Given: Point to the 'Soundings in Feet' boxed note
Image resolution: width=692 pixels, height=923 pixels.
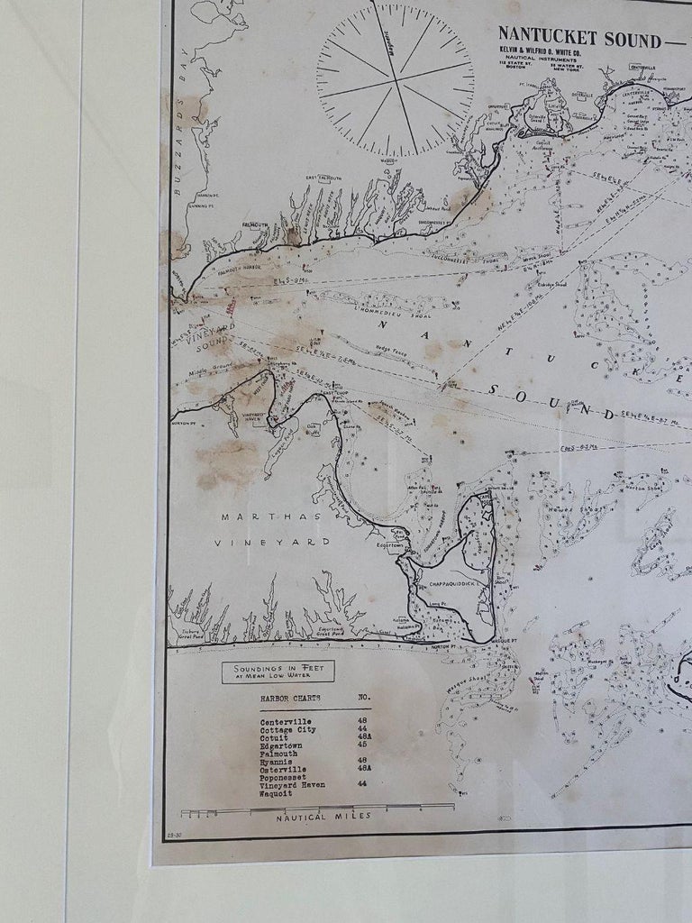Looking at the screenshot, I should coord(278,672).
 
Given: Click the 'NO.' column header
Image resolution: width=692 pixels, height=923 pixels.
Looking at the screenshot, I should coord(364,698).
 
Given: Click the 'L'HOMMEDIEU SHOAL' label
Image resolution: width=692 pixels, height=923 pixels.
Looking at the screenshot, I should coord(370,312).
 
